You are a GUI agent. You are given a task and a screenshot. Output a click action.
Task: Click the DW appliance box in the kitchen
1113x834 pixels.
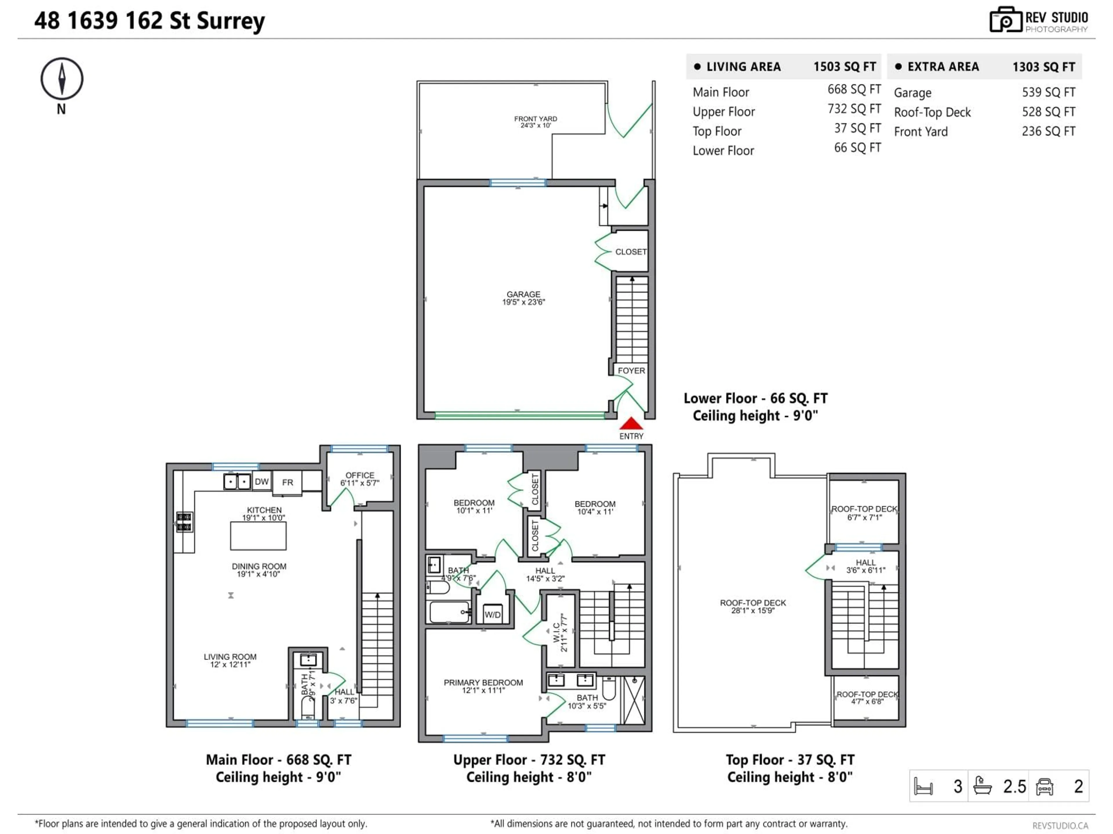pos(262,482)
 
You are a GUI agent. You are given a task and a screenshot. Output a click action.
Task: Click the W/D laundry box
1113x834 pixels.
pos(493,614)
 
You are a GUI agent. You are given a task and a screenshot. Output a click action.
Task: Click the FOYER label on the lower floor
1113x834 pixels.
pos(631,370)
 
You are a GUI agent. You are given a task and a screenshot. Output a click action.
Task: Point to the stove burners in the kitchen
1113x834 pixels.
pos(184,522)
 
